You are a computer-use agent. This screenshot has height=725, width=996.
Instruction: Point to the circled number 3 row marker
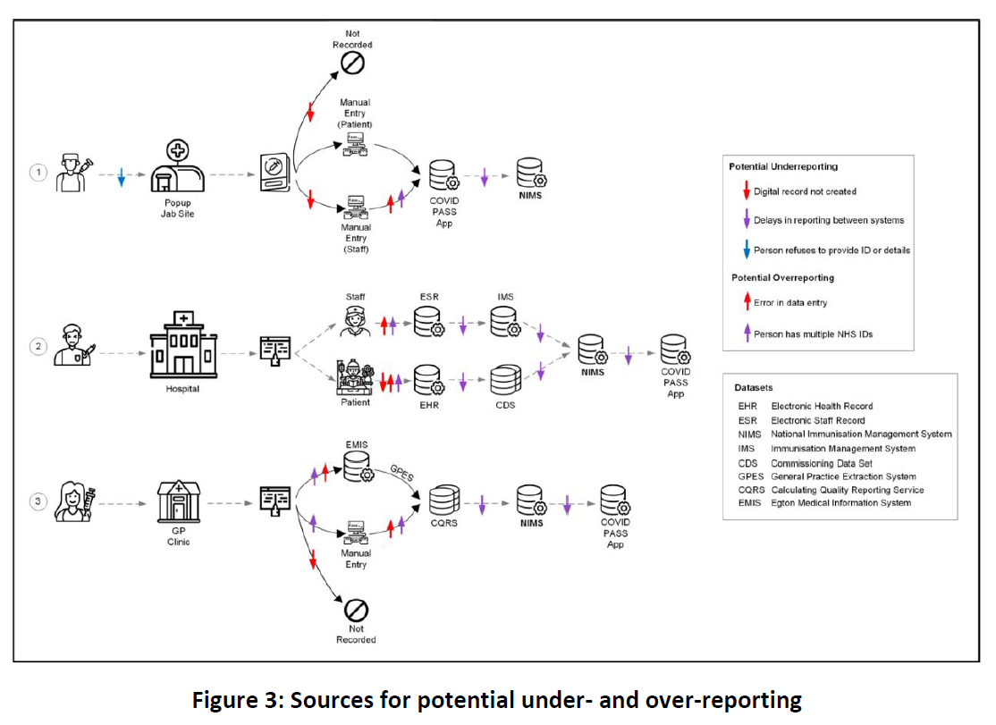pos(38,501)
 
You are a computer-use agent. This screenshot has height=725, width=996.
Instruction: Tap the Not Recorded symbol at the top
pos(352,63)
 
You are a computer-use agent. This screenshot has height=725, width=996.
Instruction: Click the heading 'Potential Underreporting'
pos(783,167)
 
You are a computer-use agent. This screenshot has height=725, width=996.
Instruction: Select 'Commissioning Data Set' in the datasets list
pos(822,463)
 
